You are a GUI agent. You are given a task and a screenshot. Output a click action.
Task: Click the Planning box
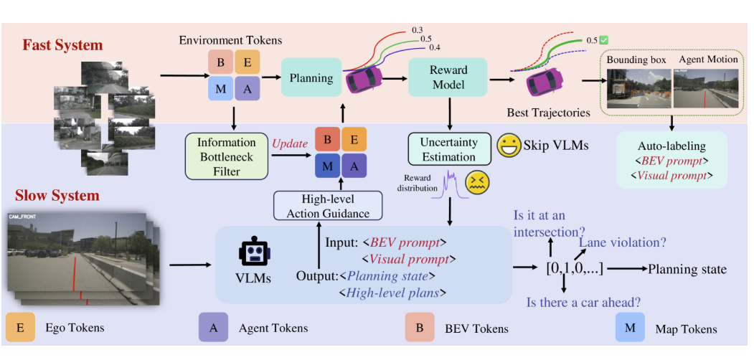pos(311,78)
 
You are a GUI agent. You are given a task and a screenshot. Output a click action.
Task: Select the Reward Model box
pos(448,78)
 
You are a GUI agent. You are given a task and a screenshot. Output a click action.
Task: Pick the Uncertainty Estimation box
pos(448,149)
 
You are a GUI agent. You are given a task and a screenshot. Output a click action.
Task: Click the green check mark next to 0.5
pos(604,40)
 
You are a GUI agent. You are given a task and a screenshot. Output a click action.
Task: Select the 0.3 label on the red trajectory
pos(417,30)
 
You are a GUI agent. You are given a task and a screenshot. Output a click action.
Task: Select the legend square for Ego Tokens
pos(20,328)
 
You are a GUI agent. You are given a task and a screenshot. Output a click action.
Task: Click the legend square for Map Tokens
pos(631,328)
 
